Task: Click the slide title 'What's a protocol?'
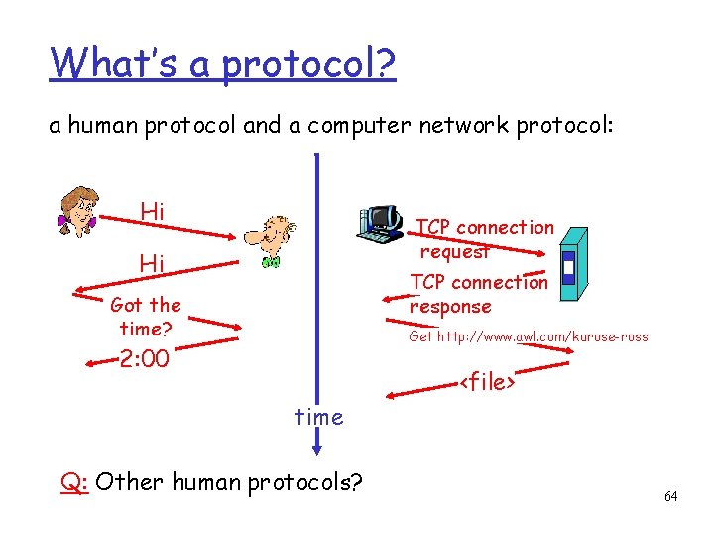223,63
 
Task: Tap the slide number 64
671,496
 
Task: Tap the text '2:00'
144,358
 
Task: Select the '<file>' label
486,381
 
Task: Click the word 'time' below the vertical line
318,417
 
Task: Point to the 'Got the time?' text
146,316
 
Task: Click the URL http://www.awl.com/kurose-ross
529,336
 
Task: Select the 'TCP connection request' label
484,239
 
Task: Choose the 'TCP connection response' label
479,294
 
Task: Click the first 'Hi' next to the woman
152,211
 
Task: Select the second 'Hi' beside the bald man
152,263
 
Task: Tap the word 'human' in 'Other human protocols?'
205,483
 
